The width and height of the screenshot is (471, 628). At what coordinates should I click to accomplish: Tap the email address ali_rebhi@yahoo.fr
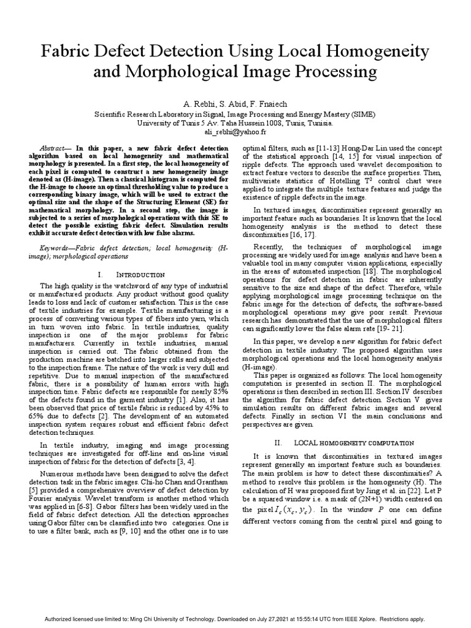[235, 131]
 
